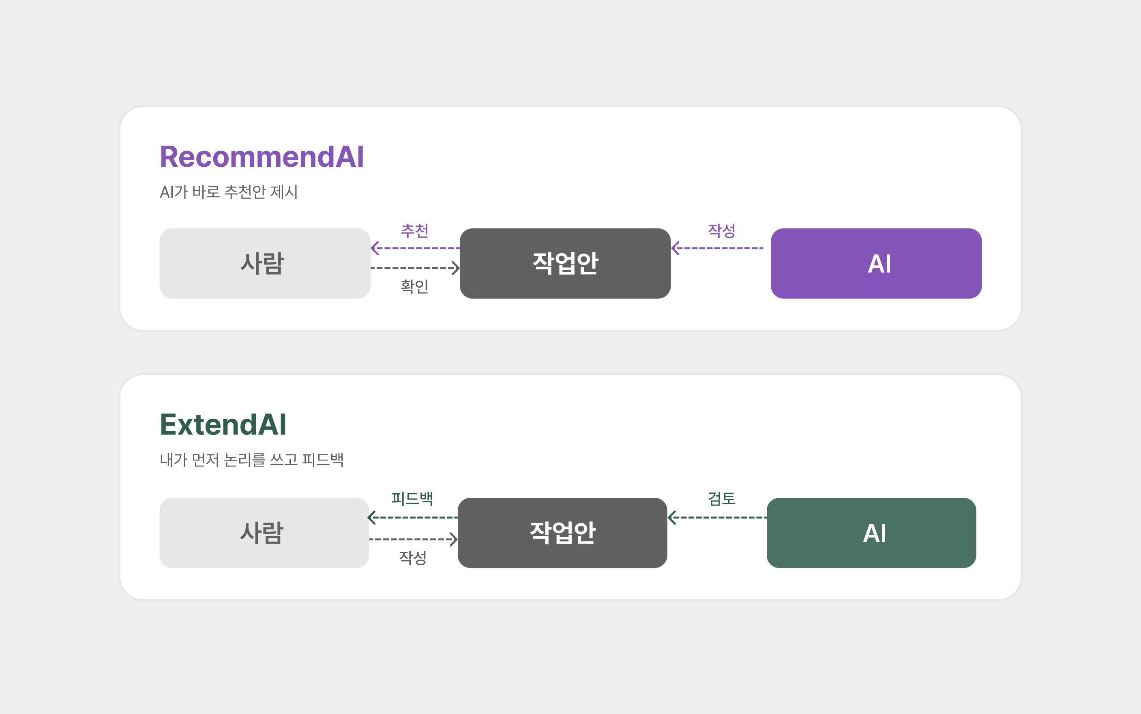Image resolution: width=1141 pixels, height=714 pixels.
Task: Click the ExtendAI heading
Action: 223,424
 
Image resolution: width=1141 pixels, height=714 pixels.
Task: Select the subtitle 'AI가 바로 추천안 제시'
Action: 229,192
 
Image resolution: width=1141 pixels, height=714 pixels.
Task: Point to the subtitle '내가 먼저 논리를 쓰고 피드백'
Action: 251,460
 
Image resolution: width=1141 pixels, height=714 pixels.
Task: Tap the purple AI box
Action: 876,264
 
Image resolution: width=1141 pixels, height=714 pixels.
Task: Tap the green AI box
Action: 871,533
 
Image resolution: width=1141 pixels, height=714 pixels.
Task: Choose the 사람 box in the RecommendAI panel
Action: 265,264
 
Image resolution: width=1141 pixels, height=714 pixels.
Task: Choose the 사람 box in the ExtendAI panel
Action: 264,533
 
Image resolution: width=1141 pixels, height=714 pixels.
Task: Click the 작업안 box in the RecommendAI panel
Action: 565,264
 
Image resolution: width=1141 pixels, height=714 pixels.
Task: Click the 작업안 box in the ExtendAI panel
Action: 562,533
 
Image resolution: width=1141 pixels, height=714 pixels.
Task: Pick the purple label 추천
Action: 415,231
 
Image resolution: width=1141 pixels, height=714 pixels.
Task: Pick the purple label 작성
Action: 722,231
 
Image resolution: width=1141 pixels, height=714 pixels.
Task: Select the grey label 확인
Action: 415,286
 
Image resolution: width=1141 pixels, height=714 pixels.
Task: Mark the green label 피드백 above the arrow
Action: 412,499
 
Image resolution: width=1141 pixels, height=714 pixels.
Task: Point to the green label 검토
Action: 722,499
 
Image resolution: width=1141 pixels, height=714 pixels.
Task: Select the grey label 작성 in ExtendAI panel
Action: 413,558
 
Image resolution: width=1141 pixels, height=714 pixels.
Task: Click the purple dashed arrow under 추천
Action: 415,248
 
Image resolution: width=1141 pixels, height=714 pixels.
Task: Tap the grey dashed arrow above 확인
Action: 415,268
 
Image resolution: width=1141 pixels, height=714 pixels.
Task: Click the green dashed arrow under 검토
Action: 717,518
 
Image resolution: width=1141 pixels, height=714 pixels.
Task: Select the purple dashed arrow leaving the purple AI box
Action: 717,248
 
